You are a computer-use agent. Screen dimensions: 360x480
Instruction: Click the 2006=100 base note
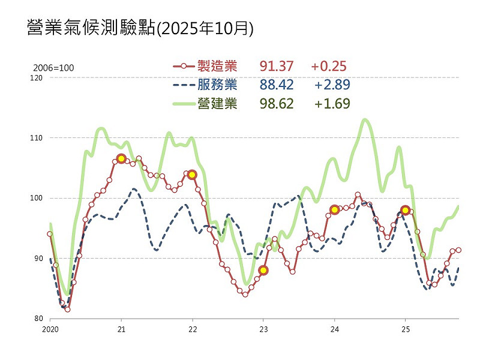54,68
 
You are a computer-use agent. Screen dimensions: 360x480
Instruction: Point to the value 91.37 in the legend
277,66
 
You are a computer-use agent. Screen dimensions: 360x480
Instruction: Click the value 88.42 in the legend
277,85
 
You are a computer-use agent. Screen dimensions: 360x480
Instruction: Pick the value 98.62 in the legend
277,103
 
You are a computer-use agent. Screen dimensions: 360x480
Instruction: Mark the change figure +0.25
329,66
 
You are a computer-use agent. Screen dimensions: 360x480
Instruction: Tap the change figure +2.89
332,85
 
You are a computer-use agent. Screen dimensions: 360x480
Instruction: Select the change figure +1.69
332,103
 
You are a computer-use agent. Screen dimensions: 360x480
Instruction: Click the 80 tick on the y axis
38,319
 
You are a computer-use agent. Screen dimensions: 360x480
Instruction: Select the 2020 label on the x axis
50,329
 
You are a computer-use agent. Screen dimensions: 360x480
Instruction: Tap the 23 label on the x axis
263,329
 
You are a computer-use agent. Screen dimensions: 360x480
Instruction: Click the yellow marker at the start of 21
121,158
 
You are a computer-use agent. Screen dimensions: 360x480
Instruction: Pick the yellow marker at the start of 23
263,270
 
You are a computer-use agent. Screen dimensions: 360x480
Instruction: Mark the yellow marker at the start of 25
405,210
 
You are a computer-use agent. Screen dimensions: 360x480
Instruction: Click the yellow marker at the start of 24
334,209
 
